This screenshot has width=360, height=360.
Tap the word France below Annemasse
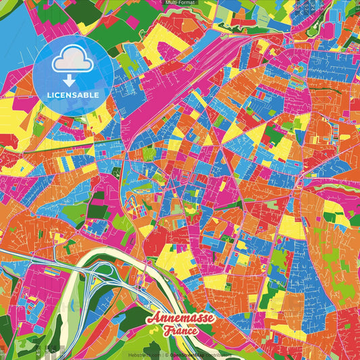(x=180, y=331)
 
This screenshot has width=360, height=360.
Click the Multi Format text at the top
(x=180, y=3)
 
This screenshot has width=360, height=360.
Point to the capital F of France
(x=165, y=331)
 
